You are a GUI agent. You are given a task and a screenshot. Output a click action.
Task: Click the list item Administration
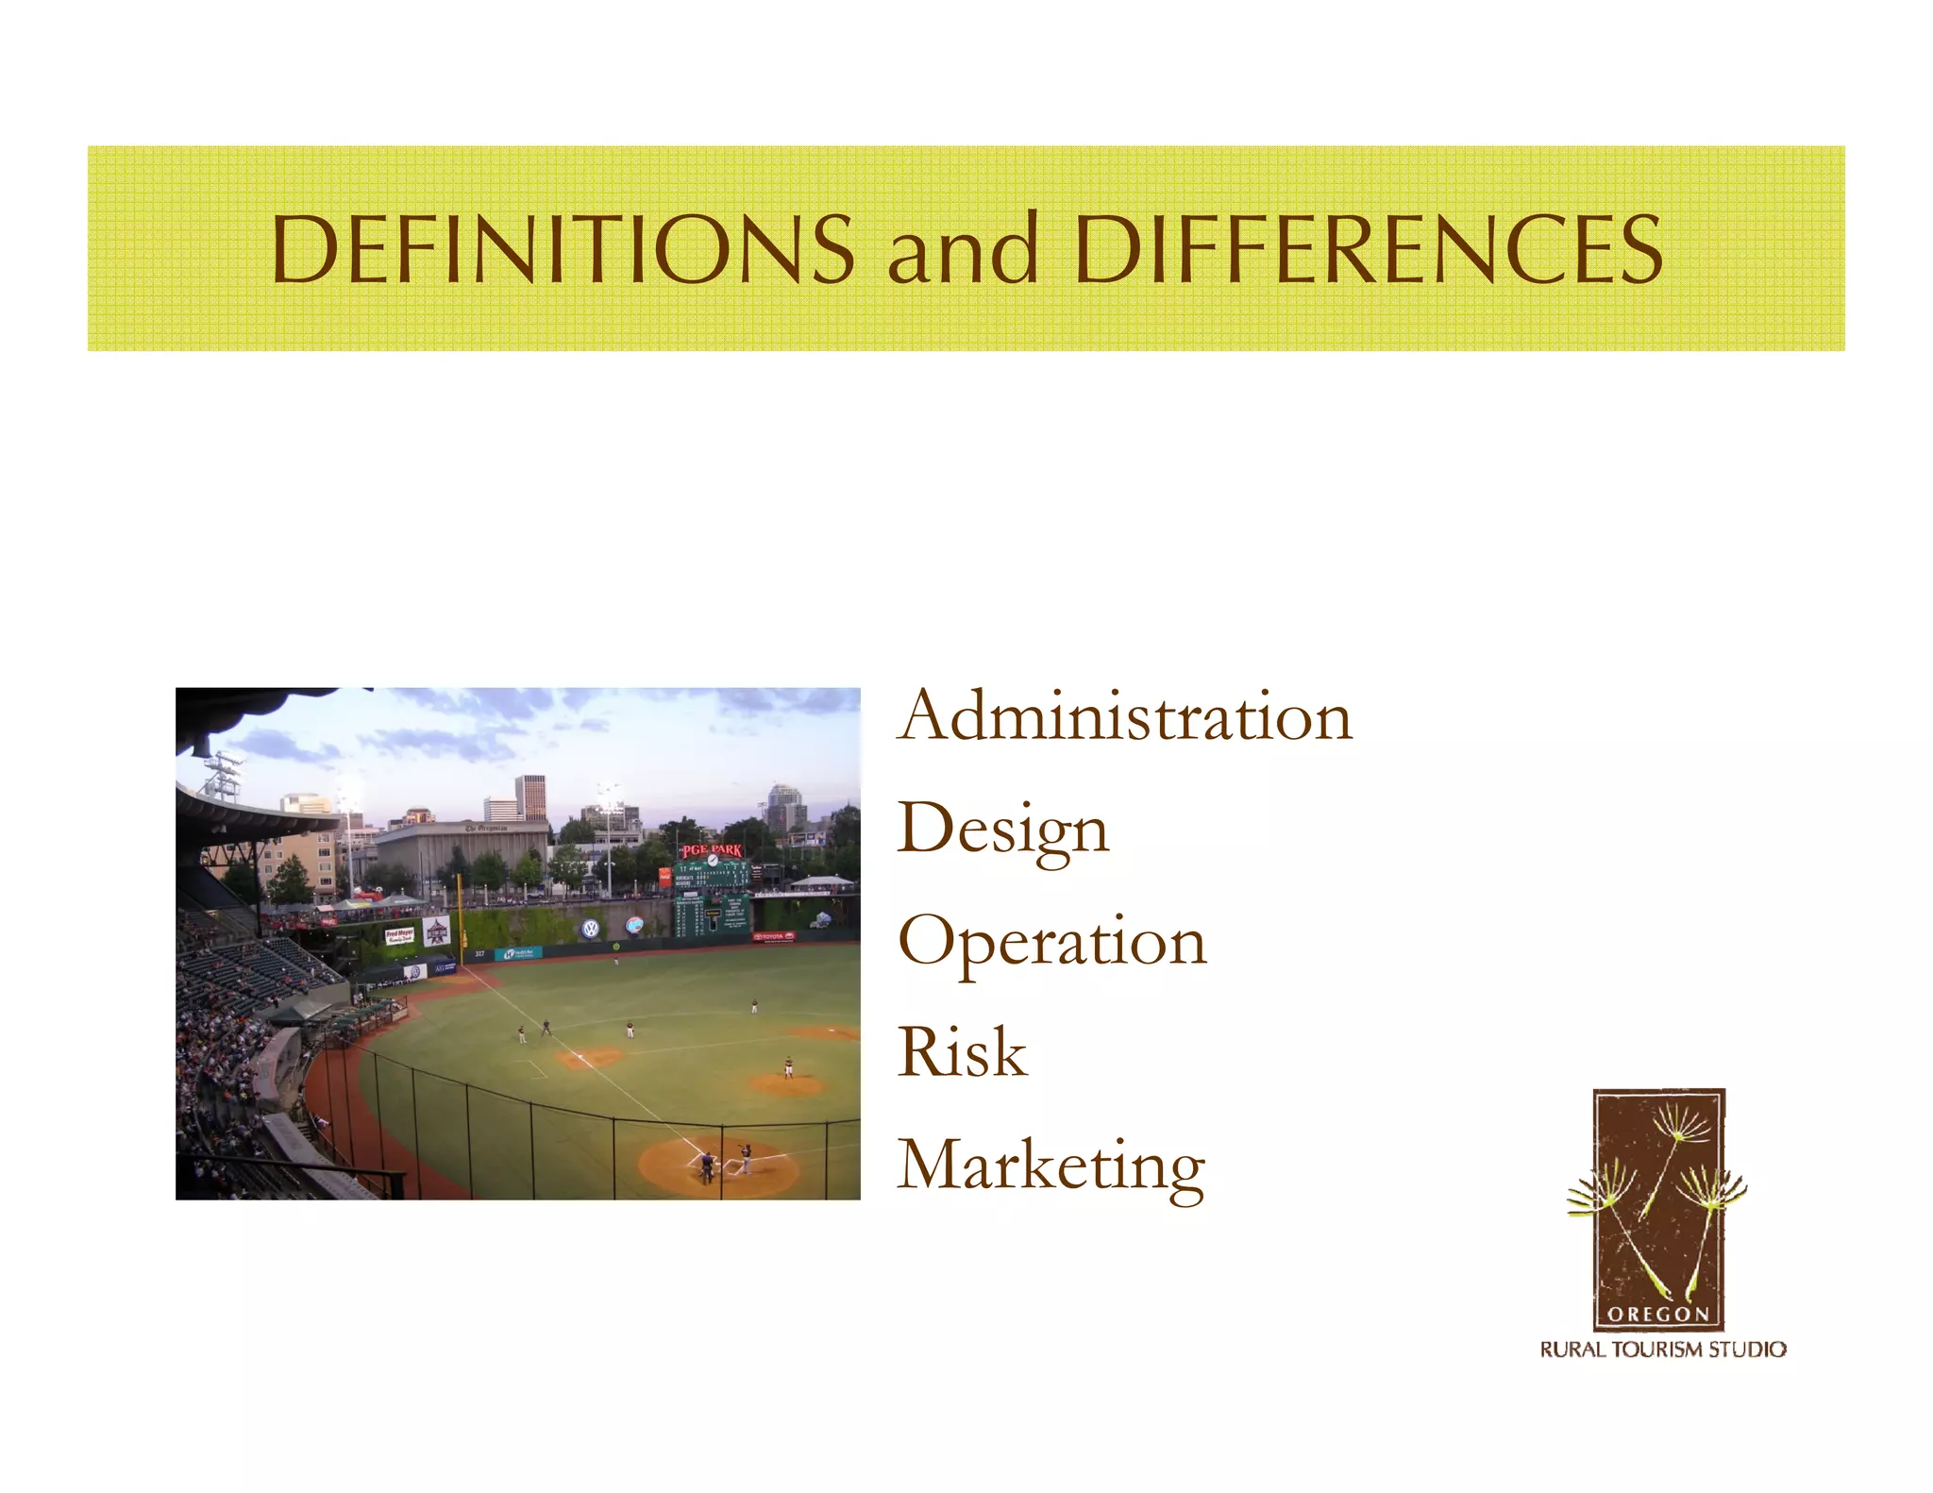pyautogui.click(x=1125, y=716)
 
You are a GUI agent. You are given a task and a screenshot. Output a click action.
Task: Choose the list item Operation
pyautogui.click(x=1052, y=943)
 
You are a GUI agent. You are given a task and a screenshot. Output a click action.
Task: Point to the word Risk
pyautogui.click(x=962, y=1052)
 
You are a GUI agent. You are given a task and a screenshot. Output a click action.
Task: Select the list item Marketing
pyautogui.click(x=1051, y=1166)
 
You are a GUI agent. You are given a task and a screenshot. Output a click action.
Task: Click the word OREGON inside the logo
pyautogui.click(x=1658, y=1314)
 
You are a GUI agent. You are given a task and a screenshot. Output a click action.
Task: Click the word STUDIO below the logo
pyautogui.click(x=1748, y=1350)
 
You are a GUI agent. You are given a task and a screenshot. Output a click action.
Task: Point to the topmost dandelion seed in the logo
pyautogui.click(x=1684, y=1123)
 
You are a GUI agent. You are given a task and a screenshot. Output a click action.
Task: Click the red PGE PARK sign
pyautogui.click(x=712, y=850)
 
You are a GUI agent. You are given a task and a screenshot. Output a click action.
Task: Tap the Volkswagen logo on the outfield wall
pyautogui.click(x=591, y=929)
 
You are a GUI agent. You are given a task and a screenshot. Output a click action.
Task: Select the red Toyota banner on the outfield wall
pyautogui.click(x=774, y=937)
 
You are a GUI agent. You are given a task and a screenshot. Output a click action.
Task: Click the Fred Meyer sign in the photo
pyautogui.click(x=398, y=936)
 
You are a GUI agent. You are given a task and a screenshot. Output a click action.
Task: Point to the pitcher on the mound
pyautogui.click(x=788, y=1066)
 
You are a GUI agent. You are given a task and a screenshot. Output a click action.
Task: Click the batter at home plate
pyautogui.click(x=745, y=1157)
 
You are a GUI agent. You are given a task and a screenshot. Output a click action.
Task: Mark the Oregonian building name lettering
pyautogui.click(x=486, y=828)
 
